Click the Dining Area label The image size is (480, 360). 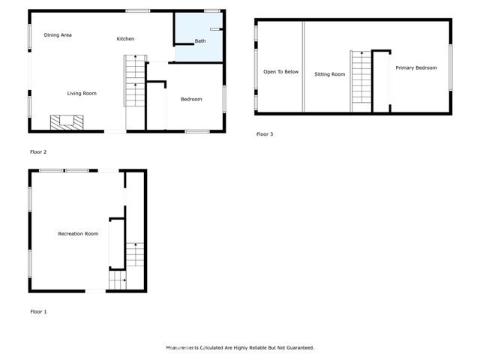pyautogui.click(x=58, y=35)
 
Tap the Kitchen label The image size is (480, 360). pyautogui.click(x=125, y=38)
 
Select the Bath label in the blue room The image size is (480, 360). pyautogui.click(x=200, y=41)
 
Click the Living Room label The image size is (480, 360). pyautogui.click(x=82, y=93)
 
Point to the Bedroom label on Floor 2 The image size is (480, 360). pyautogui.click(x=191, y=99)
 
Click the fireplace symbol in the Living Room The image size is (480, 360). pyautogui.click(x=62, y=122)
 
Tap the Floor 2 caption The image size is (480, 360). pyautogui.click(x=38, y=152)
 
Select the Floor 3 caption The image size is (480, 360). pyautogui.click(x=265, y=134)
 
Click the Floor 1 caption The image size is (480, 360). pyautogui.click(x=38, y=311)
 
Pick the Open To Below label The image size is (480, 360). pyautogui.click(x=280, y=72)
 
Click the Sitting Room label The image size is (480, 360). pyautogui.click(x=329, y=74)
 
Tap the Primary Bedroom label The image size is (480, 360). pyautogui.click(x=415, y=68)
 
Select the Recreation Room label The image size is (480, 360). pyautogui.click(x=78, y=234)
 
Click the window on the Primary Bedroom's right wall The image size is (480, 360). pyautogui.click(x=451, y=68)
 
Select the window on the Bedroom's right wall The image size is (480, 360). pyautogui.click(x=223, y=99)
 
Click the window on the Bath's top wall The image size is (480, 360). pyautogui.click(x=211, y=10)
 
